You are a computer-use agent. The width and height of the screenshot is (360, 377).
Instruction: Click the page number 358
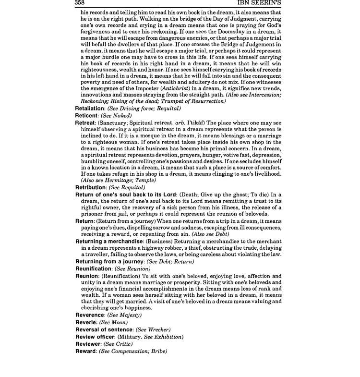click(81, 3)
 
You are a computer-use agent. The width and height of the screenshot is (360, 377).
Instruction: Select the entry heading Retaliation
click(91, 109)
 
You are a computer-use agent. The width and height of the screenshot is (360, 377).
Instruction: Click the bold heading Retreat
click(85, 123)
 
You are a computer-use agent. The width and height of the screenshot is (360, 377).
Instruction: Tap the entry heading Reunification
click(94, 269)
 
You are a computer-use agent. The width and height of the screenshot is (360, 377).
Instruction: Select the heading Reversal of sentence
click(104, 329)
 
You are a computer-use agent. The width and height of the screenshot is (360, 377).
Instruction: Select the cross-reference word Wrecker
click(158, 329)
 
